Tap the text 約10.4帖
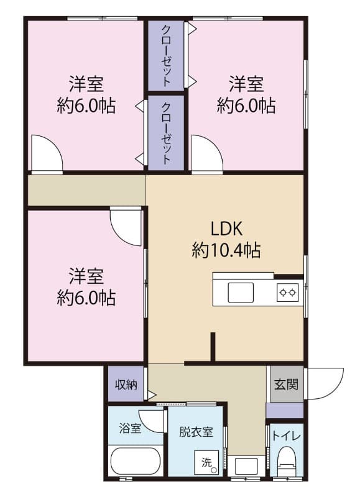226,250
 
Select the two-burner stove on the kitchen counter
287,291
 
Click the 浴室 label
129,429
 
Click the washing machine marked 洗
207,463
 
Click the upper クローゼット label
166,55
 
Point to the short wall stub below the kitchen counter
213,347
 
